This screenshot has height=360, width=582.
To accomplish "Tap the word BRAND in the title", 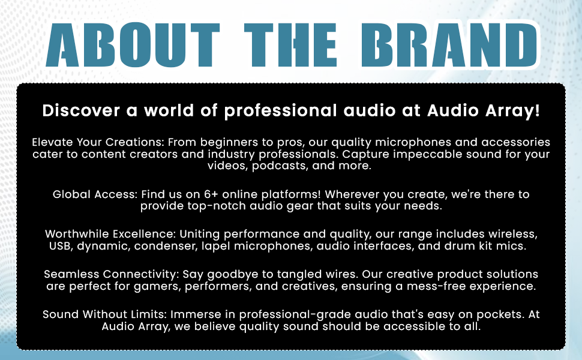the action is pyautogui.click(x=449, y=45).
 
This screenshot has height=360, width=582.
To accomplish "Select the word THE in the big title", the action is pyautogui.click(x=290, y=45).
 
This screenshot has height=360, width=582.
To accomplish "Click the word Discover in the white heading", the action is pyautogui.click(x=81, y=110).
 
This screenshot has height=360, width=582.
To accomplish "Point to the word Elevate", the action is pyautogui.click(x=52, y=142).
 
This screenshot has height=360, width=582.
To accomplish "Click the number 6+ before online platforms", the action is pyautogui.click(x=211, y=194).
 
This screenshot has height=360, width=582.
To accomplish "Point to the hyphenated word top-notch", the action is pyautogui.click(x=217, y=206).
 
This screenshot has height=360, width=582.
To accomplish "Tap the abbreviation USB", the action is pyautogui.click(x=61, y=246).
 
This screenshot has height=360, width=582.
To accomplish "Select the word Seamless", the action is pyautogui.click(x=71, y=274).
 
